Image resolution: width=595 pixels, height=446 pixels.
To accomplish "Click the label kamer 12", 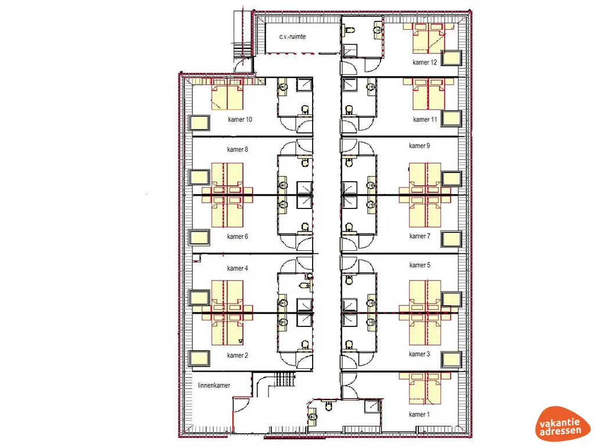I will coord(425,62).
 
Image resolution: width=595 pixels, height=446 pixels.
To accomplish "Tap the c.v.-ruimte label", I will coord(292,37).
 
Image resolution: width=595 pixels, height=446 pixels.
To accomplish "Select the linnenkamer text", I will coord(214,386).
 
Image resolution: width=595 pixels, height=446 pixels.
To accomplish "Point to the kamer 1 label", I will coord(420,414).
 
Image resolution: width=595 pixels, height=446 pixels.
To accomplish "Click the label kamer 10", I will coord(239,120).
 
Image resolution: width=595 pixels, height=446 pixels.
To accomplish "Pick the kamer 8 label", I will coord(238,149).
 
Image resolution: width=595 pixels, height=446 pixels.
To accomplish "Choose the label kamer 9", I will coord(420,146).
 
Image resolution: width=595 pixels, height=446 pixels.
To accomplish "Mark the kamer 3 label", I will coord(420,354).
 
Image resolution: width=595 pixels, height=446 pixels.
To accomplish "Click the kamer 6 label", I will coord(238,236).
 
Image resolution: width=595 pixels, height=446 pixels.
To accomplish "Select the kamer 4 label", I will coord(238,268).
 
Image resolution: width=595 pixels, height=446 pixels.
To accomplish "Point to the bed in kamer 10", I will coord(227,96).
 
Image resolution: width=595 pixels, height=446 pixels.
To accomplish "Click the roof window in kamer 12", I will coord(451,58).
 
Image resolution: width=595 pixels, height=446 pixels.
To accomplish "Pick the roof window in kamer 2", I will coord(200,358).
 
